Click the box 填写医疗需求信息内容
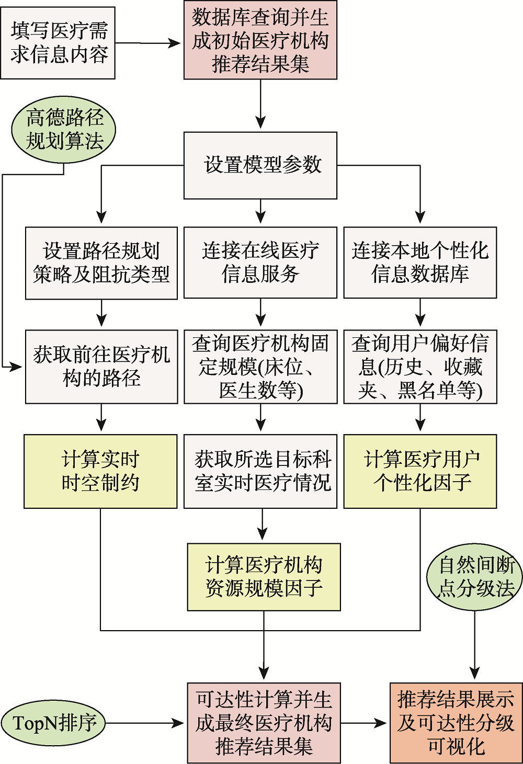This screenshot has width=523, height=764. pos(58,43)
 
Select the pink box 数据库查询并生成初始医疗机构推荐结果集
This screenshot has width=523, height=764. pos(260,40)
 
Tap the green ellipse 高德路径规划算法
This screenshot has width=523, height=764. pos(64,130)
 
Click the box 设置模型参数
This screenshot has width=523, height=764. pos(260,165)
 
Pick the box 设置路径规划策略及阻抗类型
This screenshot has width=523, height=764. pos(101,263)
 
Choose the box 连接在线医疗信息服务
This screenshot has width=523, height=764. pos(260,263)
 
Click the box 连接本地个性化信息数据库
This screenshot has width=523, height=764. pos(420,263)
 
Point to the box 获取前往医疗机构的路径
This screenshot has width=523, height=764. pos(101,367)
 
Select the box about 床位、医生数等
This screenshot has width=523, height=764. pos(260,367)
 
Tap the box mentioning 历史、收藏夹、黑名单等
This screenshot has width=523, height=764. pos(420,367)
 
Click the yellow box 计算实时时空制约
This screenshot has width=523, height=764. pos(100,471)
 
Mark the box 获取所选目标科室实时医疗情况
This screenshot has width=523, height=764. pos(260,471)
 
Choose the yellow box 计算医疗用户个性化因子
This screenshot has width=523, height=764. pos(420,471)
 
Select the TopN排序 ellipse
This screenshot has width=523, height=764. pos(53,723)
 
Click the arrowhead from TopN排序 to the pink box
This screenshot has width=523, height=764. pos(179,723)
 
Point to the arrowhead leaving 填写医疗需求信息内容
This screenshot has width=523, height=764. pos(175,43)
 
